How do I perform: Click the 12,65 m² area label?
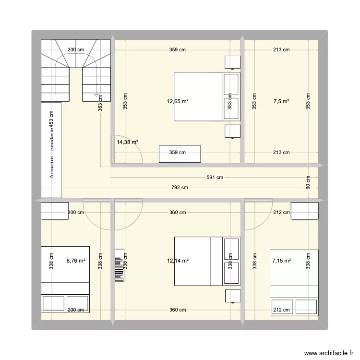(x=178, y=101)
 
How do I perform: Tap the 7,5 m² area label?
(x=281, y=101)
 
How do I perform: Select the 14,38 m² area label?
(x=127, y=142)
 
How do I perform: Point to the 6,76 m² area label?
(x=76, y=261)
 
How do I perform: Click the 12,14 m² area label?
(x=178, y=261)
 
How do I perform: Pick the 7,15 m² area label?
(x=281, y=261)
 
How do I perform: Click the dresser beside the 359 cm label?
(x=180, y=154)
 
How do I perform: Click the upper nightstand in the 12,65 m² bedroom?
(x=233, y=62)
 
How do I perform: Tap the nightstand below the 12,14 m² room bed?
(x=233, y=296)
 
